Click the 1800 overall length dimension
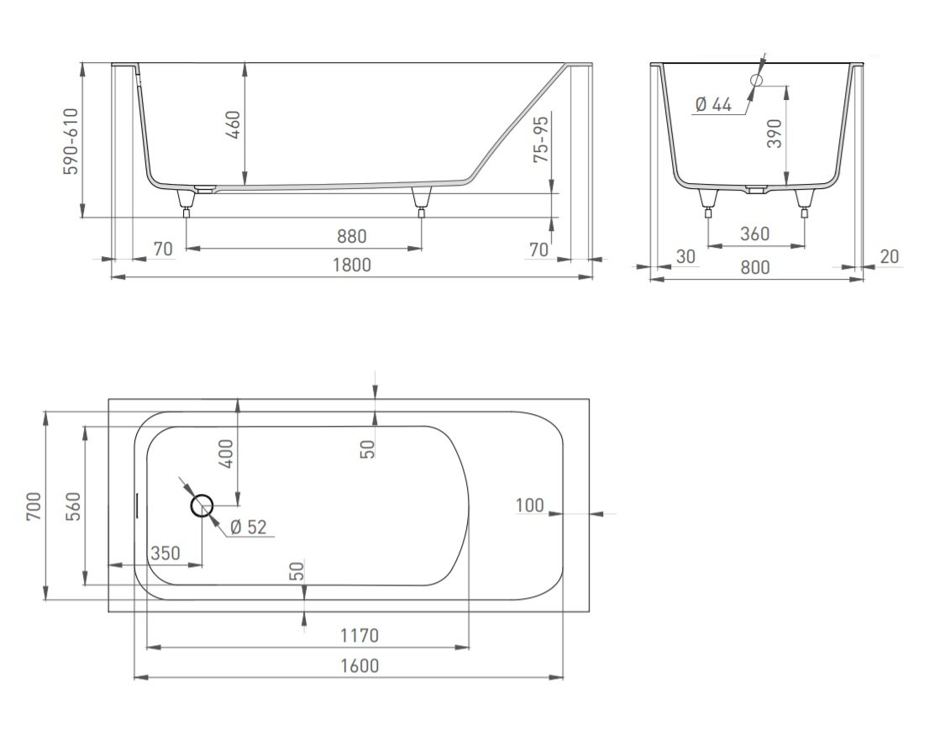coord(352,265)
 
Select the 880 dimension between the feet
coord(351,236)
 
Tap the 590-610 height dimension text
coord(71,142)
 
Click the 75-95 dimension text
coord(541,139)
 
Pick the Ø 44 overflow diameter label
coord(713,104)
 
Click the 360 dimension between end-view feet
coord(754,234)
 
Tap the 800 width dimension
coord(754,267)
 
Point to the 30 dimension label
coord(685,257)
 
